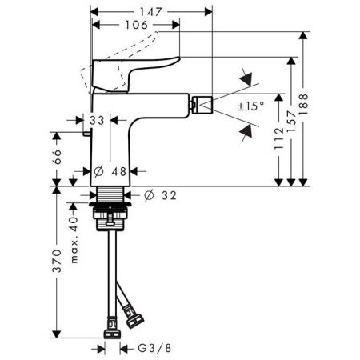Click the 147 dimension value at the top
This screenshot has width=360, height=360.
151,12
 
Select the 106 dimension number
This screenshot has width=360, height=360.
136,25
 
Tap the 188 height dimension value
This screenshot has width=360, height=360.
303,104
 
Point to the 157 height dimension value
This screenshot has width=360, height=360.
291,122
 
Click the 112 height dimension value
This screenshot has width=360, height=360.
279,138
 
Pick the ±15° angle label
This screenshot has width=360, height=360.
250,106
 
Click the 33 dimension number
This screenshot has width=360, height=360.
97,121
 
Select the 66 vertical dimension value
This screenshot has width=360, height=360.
57,157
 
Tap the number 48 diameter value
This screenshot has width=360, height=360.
119,171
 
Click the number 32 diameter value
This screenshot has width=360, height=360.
169,195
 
